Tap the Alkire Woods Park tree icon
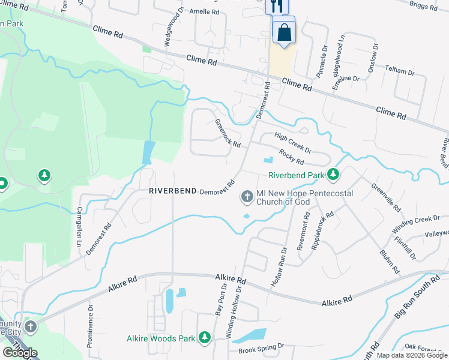click(x=205, y=338)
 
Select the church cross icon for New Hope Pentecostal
click(x=246, y=196)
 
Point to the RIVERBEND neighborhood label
click(x=173, y=190)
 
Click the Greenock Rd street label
click(x=228, y=134)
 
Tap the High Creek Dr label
click(x=293, y=142)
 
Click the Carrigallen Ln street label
click(x=79, y=229)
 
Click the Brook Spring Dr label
click(x=261, y=348)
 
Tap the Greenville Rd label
click(x=387, y=197)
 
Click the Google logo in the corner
click(x=20, y=353)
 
